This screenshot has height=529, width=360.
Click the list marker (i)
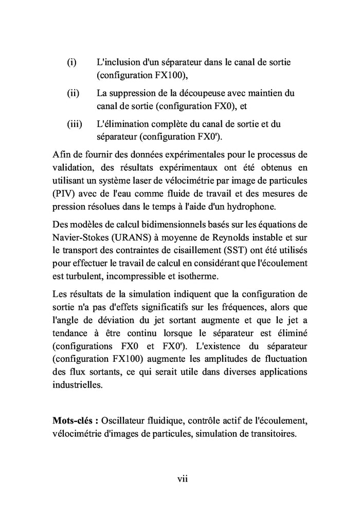coord(71,62)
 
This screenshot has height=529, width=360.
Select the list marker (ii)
coord(73,94)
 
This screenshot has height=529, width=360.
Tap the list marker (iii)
coord(74,125)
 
